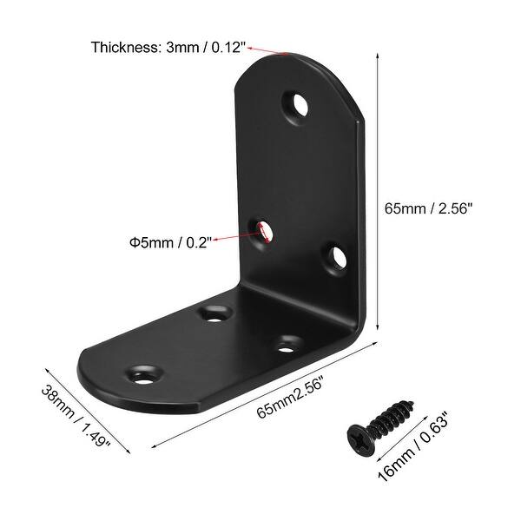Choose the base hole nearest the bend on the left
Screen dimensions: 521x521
(214, 313)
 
